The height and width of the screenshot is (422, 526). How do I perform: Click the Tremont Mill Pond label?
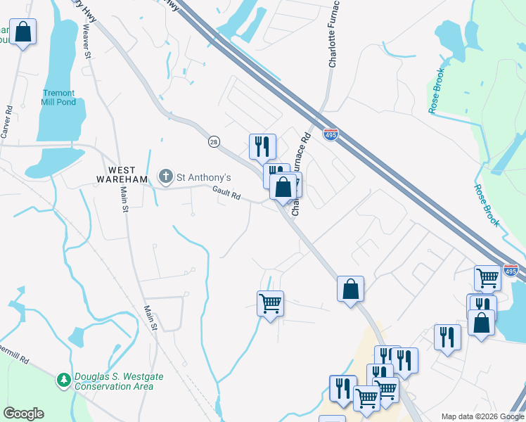point(59,97)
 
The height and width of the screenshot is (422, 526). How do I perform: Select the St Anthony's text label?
point(203,177)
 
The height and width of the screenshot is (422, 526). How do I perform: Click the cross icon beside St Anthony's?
point(165,176)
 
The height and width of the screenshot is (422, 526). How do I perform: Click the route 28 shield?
point(214,142)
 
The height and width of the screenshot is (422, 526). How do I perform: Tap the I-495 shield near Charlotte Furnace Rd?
point(330,134)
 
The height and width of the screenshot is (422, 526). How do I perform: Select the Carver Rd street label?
point(7,122)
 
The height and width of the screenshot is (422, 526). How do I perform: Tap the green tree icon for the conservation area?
point(64,381)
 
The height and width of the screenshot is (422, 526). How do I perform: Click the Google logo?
point(23,414)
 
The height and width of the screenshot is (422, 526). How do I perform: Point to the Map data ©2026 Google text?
point(482,416)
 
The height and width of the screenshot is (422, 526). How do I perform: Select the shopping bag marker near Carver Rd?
point(23,32)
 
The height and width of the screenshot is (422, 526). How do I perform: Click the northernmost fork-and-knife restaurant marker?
point(262,146)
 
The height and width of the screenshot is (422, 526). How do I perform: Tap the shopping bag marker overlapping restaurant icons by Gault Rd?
point(283,187)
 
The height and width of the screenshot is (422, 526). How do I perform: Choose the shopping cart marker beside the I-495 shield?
point(487,277)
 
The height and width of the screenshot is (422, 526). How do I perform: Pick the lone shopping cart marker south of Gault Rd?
point(270,304)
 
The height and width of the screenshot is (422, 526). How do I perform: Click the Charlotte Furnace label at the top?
point(335,34)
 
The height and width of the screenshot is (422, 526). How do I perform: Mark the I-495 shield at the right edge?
point(511,270)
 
